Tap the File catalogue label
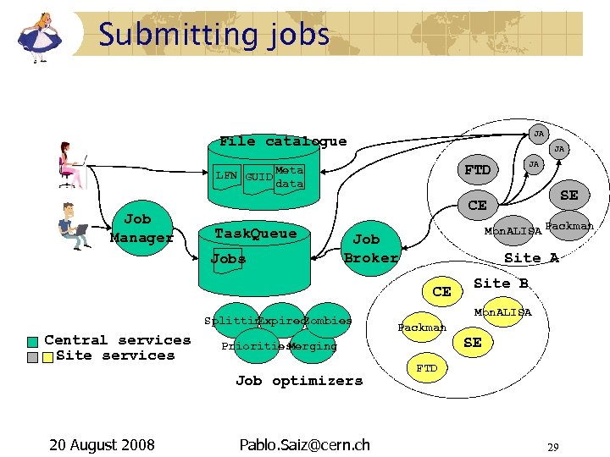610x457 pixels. (x=282, y=141)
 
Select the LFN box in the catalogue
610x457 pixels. (x=225, y=176)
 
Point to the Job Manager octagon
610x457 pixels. (x=141, y=229)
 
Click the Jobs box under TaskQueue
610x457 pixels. (x=228, y=258)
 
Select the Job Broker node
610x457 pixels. (x=369, y=248)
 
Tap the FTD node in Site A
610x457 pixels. (x=477, y=170)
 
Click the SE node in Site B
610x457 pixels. (x=473, y=342)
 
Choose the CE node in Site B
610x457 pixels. (x=441, y=292)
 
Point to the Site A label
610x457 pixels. (x=531, y=258)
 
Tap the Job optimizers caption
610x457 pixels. (x=298, y=381)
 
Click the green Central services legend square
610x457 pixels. (x=33, y=341)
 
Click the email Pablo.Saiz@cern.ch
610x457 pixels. (x=304, y=444)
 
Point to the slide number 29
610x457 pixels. (x=553, y=446)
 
